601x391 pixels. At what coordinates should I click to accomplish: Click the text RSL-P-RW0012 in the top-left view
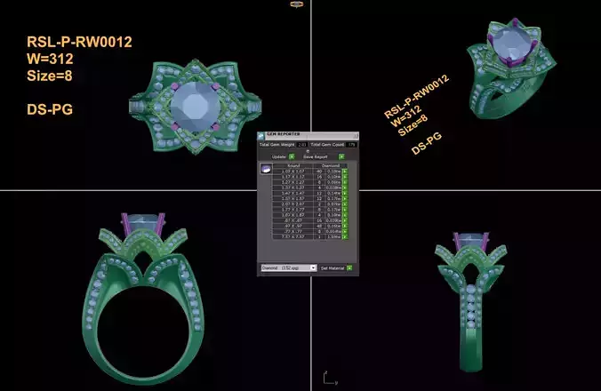[80, 42]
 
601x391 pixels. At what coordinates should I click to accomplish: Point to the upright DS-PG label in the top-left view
[50, 108]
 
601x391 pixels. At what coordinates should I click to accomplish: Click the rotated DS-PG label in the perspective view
[427, 144]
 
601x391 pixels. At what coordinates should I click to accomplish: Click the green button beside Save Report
[341, 156]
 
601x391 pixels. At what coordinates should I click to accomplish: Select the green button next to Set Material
[349, 267]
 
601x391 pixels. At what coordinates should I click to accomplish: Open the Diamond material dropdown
[288, 267]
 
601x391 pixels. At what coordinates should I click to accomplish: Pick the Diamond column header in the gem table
[330, 165]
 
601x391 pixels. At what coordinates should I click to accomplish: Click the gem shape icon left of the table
[265, 168]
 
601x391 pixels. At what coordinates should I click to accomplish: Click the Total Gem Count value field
[352, 144]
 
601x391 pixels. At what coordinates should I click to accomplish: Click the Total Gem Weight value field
[302, 144]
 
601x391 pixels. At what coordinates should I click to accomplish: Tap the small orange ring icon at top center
[296, 4]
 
